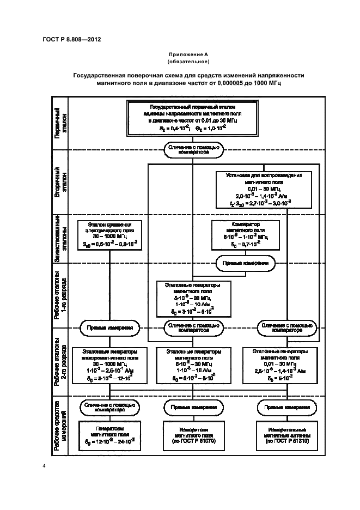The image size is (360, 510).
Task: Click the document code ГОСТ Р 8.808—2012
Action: coord(71,40)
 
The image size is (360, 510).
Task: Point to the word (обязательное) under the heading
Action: coord(189,62)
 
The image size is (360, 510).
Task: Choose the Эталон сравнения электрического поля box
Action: coord(110,235)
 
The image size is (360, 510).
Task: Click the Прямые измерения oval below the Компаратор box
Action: coord(245,264)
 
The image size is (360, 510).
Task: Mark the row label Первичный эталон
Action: coord(60,123)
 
